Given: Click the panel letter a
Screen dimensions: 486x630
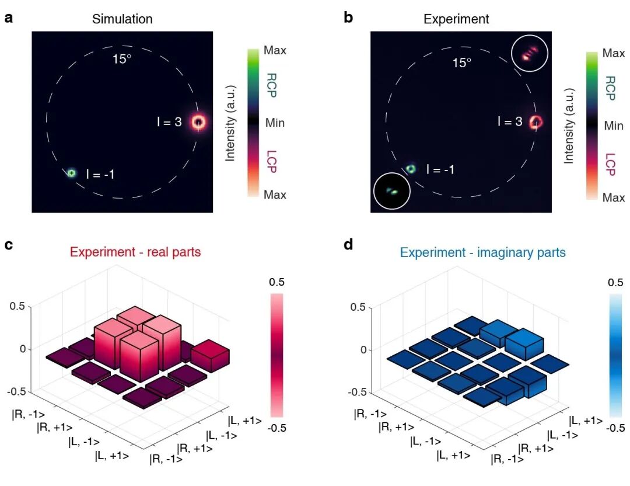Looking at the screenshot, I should (9, 18).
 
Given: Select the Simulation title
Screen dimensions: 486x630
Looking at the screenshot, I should (122, 19).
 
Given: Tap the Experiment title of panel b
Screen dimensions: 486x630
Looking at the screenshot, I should (456, 19).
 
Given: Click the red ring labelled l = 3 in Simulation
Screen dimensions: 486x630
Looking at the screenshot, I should (199, 122).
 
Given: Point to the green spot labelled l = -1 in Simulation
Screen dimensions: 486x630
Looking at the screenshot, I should (71, 173).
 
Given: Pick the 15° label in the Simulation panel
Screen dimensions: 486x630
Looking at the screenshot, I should (122, 59).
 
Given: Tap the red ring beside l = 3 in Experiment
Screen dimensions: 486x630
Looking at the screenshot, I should (536, 122).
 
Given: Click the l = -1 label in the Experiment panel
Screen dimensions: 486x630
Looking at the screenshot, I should (440, 170).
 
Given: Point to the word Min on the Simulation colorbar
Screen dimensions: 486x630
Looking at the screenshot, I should (275, 123).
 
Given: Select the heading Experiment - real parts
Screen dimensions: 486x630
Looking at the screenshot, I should (135, 252).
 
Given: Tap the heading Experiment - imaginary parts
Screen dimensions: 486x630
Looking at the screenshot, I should (482, 253).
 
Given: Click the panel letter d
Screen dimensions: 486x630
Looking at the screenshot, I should (348, 244).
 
